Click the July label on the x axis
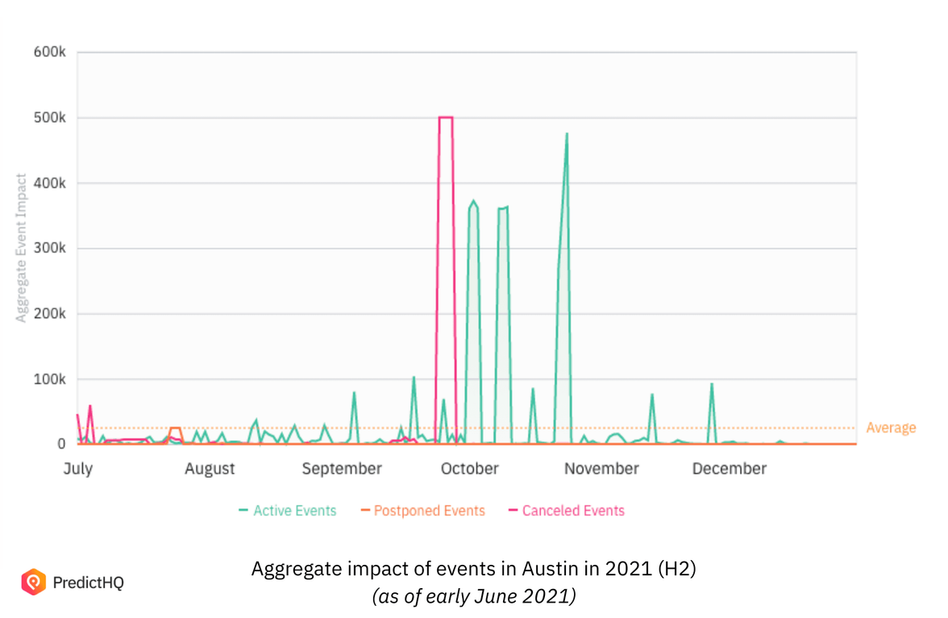coord(78,469)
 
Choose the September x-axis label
coord(342,469)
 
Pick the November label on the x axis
coord(602,469)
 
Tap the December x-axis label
coord(730,469)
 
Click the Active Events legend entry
coord(288,511)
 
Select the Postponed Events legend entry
coord(422,511)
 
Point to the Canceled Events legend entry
coord(567,511)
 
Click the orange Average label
coord(891,428)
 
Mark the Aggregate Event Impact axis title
coord(22,248)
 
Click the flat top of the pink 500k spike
coord(445,118)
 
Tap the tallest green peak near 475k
coord(567,135)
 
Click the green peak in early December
coord(712,385)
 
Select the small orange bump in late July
coord(175,429)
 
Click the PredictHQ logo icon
coord(33,582)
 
